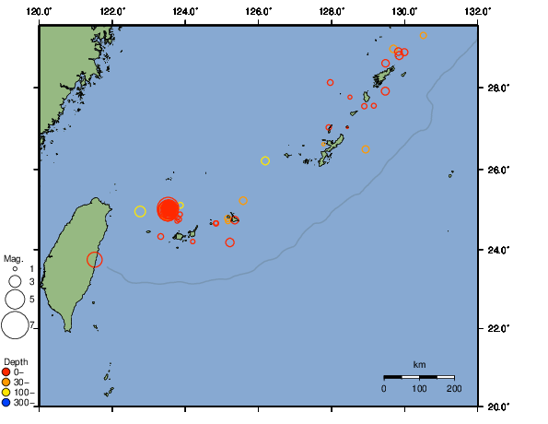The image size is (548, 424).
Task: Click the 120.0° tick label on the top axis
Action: pyautogui.click(x=39, y=11)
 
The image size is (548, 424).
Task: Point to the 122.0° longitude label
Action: pyautogui.click(x=111, y=11)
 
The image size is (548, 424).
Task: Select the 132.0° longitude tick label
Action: pyautogui.click(x=476, y=11)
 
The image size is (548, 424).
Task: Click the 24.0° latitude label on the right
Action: pyautogui.click(x=496, y=250)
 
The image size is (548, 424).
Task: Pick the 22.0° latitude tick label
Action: pyautogui.click(x=496, y=328)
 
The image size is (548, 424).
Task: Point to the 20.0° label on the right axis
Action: pyautogui.click(x=496, y=406)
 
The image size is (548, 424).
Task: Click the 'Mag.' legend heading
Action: pyautogui.click(x=13, y=259)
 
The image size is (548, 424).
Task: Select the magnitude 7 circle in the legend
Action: pyautogui.click(x=14, y=325)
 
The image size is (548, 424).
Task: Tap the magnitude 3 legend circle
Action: pyautogui.click(x=14, y=281)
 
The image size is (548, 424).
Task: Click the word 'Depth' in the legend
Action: pyautogui.click(x=16, y=360)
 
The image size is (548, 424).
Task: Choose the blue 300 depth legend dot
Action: pyautogui.click(x=7, y=402)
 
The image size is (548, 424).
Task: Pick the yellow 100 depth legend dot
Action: pyautogui.click(x=7, y=392)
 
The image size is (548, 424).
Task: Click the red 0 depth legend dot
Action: pyautogui.click(x=7, y=371)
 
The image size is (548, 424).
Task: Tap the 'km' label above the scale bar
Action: pyautogui.click(x=419, y=365)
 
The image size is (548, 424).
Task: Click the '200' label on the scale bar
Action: pyautogui.click(x=453, y=389)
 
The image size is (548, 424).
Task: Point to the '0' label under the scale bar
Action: pyautogui.click(x=384, y=389)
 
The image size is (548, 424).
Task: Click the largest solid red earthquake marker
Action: pyautogui.click(x=168, y=209)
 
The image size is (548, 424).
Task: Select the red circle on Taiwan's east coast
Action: pyautogui.click(x=95, y=260)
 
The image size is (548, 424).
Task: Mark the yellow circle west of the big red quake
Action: pyautogui.click(x=140, y=211)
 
